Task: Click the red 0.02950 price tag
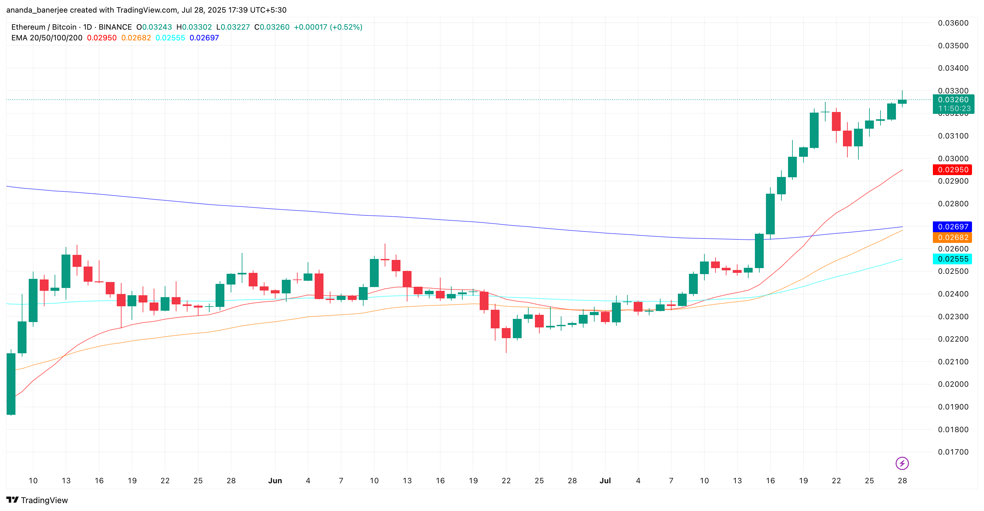coord(953,170)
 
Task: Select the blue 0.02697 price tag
coord(953,226)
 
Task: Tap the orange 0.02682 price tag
coord(953,238)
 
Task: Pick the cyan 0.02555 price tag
coord(953,259)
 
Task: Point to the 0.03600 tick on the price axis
coord(953,23)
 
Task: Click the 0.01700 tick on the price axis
coord(953,452)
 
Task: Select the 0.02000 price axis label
coord(953,384)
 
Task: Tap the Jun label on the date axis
coord(275,480)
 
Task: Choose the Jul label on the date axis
coord(605,480)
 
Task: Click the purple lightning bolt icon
coord(902,463)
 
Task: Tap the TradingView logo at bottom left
coord(37,500)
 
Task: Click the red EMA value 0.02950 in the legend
coord(102,38)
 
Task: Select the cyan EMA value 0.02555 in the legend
coord(170,38)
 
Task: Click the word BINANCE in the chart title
coord(115,27)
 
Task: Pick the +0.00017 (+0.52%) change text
coord(328,27)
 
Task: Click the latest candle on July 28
coord(902,102)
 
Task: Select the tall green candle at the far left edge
coord(11,384)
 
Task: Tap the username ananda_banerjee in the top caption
coord(37,10)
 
